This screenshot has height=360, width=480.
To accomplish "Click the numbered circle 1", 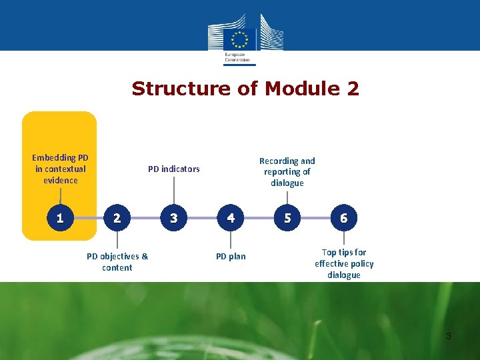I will pos(60,218).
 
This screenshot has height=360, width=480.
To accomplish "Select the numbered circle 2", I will pos(117,218).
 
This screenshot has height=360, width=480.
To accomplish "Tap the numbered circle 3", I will pos(174,218).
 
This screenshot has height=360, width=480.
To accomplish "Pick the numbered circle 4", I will pos(231,218).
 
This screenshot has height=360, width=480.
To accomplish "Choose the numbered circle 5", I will pos(287,218).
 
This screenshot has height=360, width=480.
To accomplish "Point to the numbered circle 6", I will pos(343,218).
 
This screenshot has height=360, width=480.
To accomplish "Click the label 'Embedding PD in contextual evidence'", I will pos(61,169).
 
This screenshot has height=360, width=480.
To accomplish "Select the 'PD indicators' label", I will pos(173,169).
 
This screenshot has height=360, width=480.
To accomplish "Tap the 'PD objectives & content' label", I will pos(117,262).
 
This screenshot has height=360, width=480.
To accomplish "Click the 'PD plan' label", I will pos(231,257).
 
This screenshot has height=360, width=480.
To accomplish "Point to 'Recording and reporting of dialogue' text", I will pos(287,172).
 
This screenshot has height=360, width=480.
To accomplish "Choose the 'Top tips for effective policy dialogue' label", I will pos(344,263).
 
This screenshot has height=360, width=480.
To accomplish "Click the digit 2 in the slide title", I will pos(353,89).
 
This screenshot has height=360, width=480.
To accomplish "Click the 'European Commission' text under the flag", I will pos(237,57).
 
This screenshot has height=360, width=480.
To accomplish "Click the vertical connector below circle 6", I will pos(343,238).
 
